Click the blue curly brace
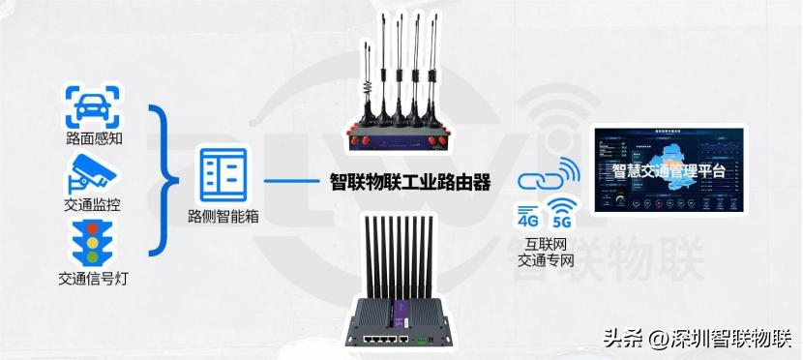[x=166, y=179]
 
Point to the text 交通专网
[x=546, y=260]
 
